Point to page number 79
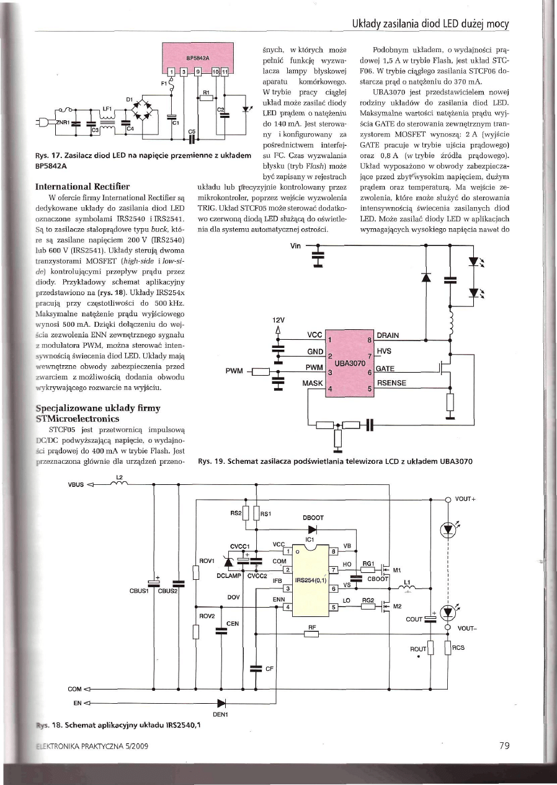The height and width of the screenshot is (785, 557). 504,746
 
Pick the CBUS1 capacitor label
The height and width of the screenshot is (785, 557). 141,590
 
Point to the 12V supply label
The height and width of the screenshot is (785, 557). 278,320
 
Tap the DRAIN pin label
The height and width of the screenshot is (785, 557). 388,335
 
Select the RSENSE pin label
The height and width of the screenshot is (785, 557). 391,383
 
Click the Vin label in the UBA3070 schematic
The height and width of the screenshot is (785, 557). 295,246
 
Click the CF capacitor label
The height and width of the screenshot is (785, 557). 269,669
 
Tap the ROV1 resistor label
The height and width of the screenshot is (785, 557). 206,561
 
